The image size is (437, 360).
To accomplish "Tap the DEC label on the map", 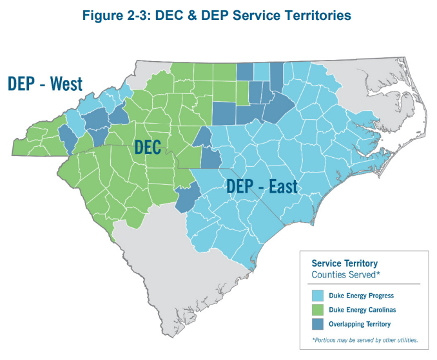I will [x=148, y=147].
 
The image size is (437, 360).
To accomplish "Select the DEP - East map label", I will [x=261, y=187].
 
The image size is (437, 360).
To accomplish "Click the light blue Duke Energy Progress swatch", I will [x=316, y=296].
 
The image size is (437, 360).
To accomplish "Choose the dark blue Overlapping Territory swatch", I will [x=316, y=323].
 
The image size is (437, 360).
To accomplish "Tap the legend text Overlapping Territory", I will [x=362, y=323].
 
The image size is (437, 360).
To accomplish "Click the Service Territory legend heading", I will [x=344, y=263].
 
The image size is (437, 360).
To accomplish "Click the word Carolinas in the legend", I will [x=376, y=310].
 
